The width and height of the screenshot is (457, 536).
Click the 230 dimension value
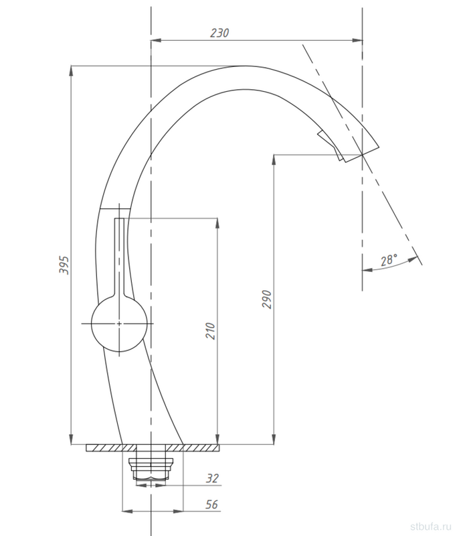point(219,33)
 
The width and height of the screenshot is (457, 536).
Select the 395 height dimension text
point(64,264)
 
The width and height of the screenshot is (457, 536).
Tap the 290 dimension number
point(267,299)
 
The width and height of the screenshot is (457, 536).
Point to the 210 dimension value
point(210,330)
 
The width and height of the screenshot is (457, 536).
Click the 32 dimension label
point(212,478)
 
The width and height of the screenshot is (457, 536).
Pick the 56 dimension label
point(211,505)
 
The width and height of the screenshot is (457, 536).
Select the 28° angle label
point(389,260)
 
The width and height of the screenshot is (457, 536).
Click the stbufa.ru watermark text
point(432,526)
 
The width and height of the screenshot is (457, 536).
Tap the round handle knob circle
point(119,324)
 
